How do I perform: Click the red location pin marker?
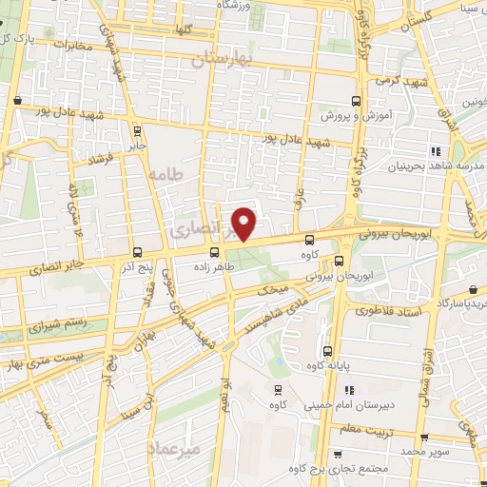[244, 224]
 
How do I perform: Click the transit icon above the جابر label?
[137, 131]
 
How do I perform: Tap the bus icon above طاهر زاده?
[216, 252]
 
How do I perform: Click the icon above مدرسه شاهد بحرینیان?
[437, 151]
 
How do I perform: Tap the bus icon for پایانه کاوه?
[328, 351]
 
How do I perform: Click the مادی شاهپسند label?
[286, 302]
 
